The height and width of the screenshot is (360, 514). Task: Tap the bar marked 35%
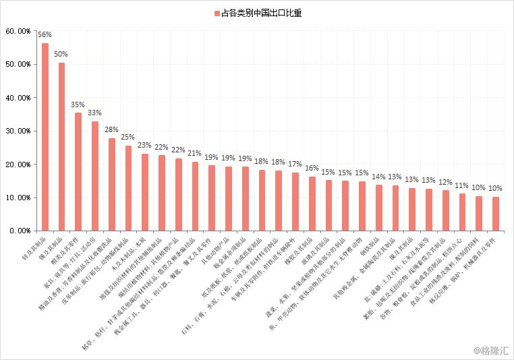(x=78, y=172)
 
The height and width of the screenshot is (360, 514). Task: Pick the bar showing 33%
(x=95, y=176)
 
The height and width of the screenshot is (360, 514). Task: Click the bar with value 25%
(x=128, y=188)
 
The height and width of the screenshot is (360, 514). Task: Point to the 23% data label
(x=145, y=145)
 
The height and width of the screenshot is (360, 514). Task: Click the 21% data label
(x=195, y=153)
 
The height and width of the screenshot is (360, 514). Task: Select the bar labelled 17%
(x=295, y=202)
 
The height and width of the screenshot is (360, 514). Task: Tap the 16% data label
(x=312, y=168)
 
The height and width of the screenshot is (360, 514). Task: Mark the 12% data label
(x=445, y=182)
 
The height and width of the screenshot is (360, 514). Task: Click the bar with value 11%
(x=462, y=212)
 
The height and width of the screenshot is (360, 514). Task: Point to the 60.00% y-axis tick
(x=18, y=31)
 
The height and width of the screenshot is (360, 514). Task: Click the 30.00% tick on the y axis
(x=18, y=131)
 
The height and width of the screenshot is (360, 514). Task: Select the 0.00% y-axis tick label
(x=20, y=231)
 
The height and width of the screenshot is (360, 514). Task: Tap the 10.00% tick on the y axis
(x=18, y=198)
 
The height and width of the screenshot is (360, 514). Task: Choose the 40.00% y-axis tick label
(x=18, y=98)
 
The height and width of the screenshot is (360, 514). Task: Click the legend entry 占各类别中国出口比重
(x=257, y=13)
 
